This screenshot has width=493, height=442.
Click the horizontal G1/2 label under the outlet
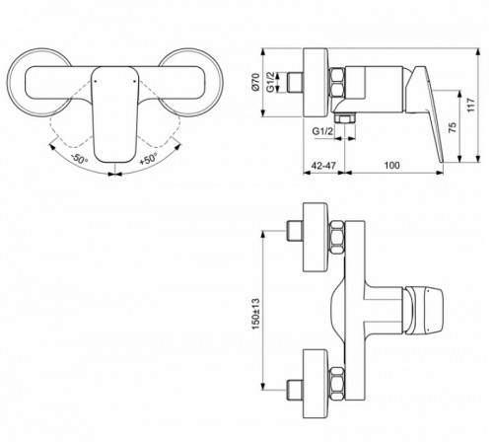point(322,129)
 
